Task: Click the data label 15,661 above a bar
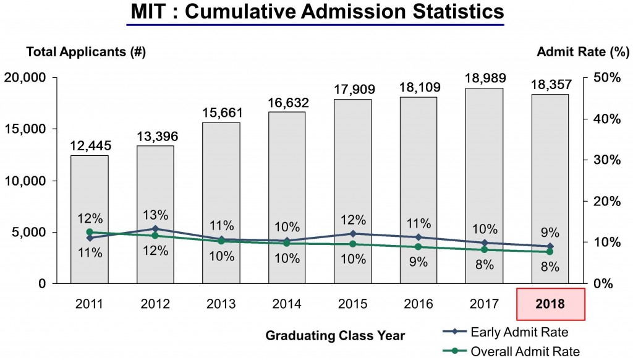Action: [x=221, y=113]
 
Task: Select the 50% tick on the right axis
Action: [x=606, y=77]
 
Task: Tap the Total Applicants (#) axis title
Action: [x=85, y=52]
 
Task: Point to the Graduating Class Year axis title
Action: [x=335, y=336]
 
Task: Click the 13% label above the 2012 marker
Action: [x=155, y=215]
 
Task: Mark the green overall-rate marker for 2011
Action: [x=90, y=232]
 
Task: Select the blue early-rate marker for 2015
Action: [x=353, y=234]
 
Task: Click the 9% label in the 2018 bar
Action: [x=550, y=233]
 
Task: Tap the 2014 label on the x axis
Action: [x=287, y=304]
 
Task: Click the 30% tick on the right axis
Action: [x=606, y=160]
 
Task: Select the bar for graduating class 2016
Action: [x=418, y=186]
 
